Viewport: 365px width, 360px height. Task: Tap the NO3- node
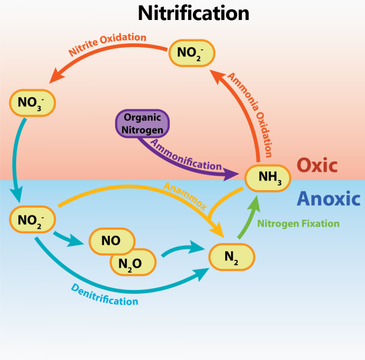[x=32, y=102]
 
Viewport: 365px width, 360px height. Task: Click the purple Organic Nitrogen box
[x=142, y=123]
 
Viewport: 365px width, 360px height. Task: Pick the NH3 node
[x=267, y=178]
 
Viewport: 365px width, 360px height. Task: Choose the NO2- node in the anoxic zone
[x=32, y=219]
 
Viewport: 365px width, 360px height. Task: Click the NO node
[x=111, y=241]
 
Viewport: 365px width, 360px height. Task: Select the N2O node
[x=133, y=263]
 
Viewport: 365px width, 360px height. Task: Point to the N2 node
[x=231, y=257]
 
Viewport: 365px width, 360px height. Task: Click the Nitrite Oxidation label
[x=107, y=44]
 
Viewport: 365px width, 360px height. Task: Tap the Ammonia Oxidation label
[x=250, y=114]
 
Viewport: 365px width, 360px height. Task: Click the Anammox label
[x=185, y=195]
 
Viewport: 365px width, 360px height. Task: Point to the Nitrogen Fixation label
[x=298, y=224]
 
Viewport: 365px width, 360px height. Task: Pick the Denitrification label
[x=104, y=294]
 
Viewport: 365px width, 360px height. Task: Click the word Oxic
[x=317, y=165]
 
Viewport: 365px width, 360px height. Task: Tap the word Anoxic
[x=328, y=199]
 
